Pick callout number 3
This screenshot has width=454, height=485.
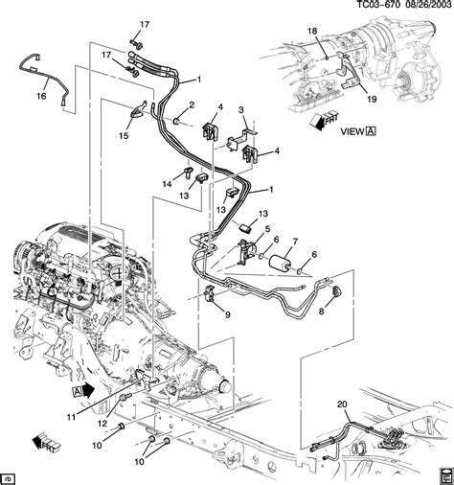[241, 112]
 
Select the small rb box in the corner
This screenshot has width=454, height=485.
[10, 477]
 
